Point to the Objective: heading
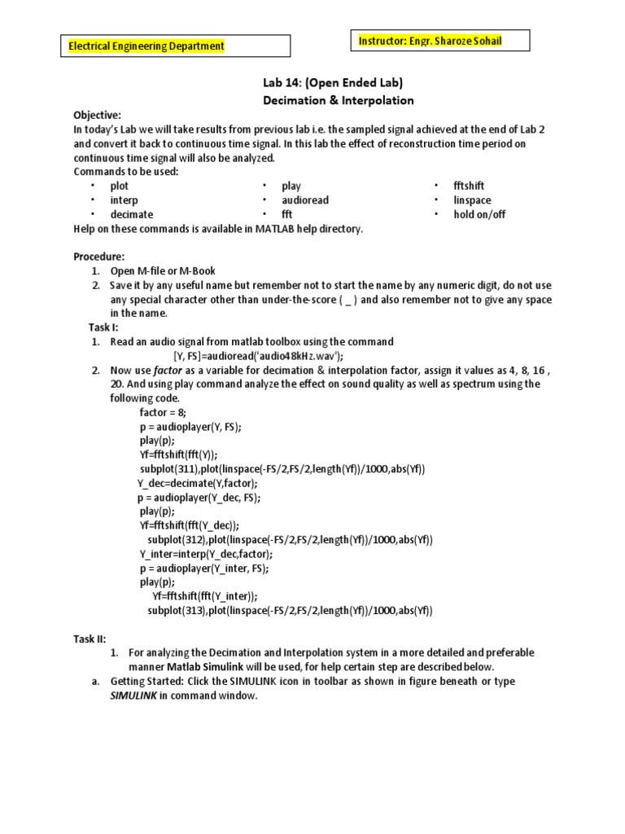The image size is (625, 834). [97, 116]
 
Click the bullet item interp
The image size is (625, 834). [124, 200]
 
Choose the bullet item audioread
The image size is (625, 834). [305, 200]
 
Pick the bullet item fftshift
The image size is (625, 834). [469, 186]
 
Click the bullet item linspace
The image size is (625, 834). [472, 200]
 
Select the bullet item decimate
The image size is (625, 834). [132, 214]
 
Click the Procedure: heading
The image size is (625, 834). [99, 257]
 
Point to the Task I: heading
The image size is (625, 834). [104, 327]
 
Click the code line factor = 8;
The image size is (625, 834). [163, 412]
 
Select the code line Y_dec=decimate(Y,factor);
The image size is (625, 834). [194, 483]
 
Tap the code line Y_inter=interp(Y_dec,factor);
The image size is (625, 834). [206, 554]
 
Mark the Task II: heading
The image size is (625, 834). [90, 639]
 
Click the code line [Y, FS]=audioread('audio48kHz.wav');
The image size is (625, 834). [258, 356]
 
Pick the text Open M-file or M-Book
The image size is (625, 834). [163, 271]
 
